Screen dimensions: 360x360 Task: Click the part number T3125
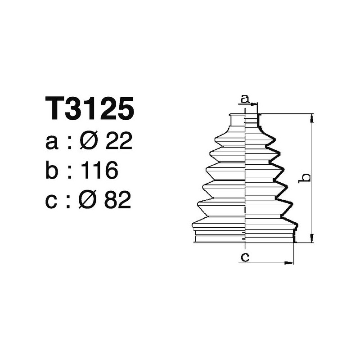click(x=90, y=109)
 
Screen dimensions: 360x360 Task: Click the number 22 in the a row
click(x=118, y=142)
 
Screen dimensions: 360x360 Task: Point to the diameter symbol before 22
click(x=89, y=142)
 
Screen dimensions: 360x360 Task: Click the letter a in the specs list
click(x=52, y=144)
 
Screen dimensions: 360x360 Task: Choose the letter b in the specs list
click(x=53, y=171)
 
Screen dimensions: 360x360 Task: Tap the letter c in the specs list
click(x=52, y=201)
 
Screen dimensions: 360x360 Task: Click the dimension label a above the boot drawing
click(x=244, y=99)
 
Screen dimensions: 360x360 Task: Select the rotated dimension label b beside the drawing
click(x=306, y=177)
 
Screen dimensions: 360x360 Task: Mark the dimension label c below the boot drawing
click(x=245, y=257)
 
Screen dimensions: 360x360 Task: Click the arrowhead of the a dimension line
click(x=254, y=105)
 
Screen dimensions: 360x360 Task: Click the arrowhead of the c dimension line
click(x=290, y=262)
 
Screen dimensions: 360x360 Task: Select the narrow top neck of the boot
click(x=244, y=120)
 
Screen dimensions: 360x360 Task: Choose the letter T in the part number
click(x=55, y=109)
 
